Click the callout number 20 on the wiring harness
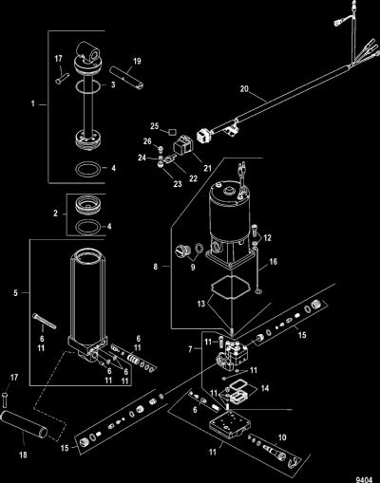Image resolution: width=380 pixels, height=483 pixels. coord(244,89)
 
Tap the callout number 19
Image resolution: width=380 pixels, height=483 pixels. coord(137,61)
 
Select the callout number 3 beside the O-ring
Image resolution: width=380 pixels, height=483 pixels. coord(113,84)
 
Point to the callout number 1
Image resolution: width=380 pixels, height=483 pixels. coord(33,103)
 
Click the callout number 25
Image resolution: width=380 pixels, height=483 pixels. coord(154,126)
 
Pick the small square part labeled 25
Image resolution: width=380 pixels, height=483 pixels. coord(172,131)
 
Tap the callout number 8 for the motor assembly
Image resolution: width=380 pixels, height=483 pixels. coord(156,267)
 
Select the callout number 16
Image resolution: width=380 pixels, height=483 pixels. coord(273,262)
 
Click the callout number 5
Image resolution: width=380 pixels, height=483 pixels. coord(16,293)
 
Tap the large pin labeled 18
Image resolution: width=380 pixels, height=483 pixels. coord(25,425)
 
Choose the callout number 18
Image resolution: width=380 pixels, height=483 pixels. coord(23,455)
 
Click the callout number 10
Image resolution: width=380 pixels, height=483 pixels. coord(282,437)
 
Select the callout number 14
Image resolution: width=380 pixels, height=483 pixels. coord(265,388)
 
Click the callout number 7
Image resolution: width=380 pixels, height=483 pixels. coord(190,349)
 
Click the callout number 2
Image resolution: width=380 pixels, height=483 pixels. coord(56,214)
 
